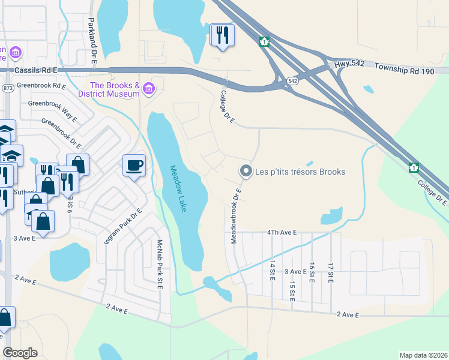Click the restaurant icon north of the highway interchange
point(222,35)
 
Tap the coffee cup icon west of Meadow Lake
point(133,165)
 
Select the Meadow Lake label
point(178,188)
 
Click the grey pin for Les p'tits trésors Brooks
point(246,172)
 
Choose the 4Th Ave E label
point(279,232)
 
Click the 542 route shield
point(292,80)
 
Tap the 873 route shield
point(7,88)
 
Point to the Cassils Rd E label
point(36,70)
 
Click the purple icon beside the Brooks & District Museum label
point(149,90)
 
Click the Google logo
point(20,352)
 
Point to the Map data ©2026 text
point(423,355)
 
